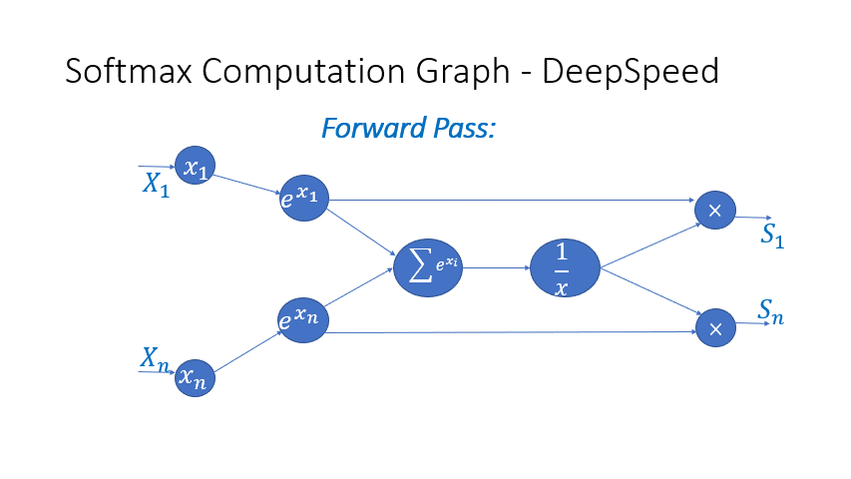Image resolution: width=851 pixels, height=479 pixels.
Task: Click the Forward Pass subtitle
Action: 408,129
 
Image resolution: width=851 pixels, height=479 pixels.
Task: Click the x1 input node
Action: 195,166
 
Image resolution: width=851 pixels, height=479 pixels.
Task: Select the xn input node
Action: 195,378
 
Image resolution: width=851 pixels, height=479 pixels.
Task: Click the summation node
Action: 429,267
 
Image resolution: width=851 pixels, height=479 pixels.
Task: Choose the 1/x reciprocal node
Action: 564,267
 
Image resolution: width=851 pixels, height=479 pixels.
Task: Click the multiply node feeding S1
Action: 714,209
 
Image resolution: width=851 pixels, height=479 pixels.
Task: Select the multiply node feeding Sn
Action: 714,327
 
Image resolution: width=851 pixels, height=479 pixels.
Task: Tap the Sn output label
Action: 770,312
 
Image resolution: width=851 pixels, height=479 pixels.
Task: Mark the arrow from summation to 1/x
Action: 496,267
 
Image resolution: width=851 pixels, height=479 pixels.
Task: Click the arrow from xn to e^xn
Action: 246,350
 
